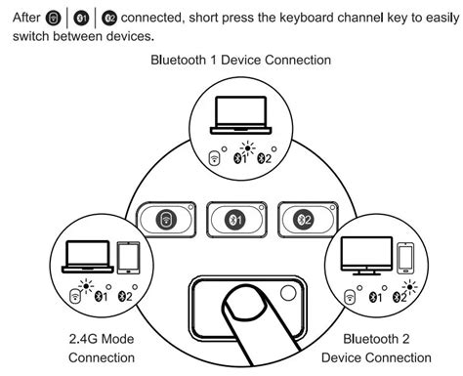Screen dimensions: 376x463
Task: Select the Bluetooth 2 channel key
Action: coord(305,220)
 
